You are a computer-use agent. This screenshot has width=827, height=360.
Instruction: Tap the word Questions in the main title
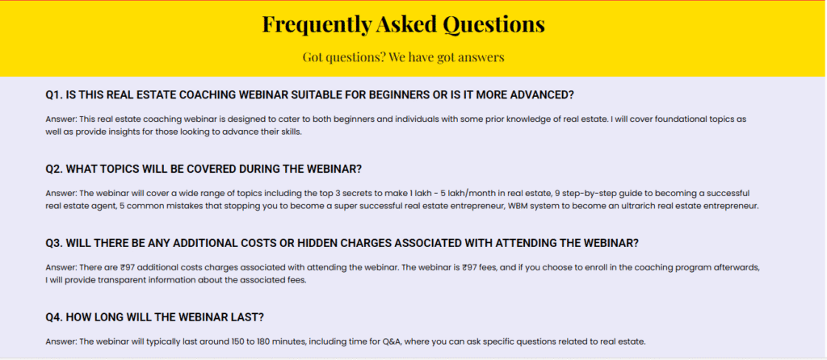493,25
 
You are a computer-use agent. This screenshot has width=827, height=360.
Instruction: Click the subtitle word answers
480,57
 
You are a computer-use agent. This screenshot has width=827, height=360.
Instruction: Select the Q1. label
54,95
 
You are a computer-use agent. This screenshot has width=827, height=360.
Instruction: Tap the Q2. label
54,170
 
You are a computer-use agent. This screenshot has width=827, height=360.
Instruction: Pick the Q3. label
54,244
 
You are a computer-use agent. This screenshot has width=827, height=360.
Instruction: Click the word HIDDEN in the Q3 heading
319,244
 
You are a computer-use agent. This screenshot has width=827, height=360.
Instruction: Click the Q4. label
54,318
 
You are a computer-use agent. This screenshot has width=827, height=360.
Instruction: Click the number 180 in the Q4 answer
264,341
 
